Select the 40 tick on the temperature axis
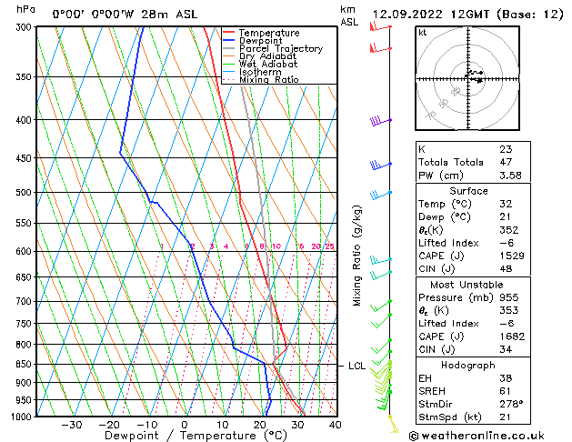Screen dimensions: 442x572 [335, 425]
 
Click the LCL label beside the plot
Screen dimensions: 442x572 [357, 366]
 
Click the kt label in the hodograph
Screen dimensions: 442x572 [423, 33]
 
